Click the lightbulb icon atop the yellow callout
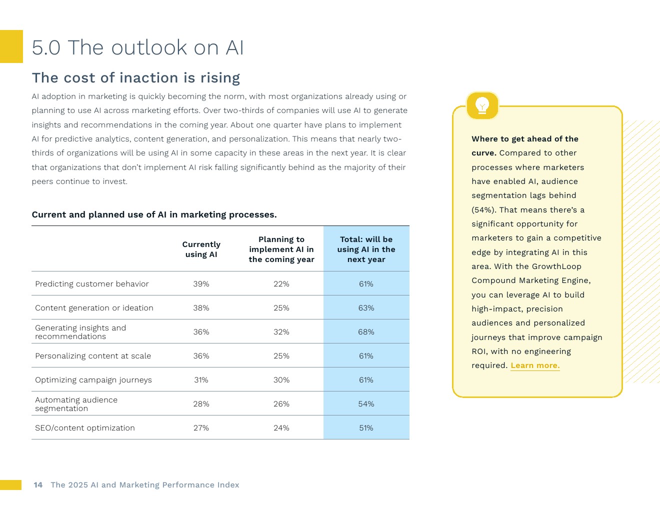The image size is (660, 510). click(482, 105)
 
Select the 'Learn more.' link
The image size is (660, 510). click(535, 365)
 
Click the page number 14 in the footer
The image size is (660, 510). click(38, 485)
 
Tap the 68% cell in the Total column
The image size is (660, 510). click(366, 332)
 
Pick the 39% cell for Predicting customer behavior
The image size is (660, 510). click(201, 284)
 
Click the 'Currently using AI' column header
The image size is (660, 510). click(201, 249)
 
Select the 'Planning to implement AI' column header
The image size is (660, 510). click(281, 249)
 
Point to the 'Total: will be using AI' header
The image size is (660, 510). click(366, 249)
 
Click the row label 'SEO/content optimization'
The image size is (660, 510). click(85, 428)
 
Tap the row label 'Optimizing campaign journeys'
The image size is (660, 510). click(93, 380)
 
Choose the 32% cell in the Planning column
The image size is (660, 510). click(281, 332)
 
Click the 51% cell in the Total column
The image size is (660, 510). click(366, 428)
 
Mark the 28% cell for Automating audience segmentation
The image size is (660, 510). click(201, 404)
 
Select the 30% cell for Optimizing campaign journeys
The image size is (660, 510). click(281, 380)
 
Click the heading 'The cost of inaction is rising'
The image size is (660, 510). click(136, 78)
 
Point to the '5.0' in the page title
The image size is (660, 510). click(46, 48)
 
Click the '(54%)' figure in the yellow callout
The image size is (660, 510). click(483, 210)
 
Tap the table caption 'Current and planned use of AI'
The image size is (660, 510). click(154, 215)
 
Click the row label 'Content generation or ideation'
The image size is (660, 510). click(94, 308)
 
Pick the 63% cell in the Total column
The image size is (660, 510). click(366, 308)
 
